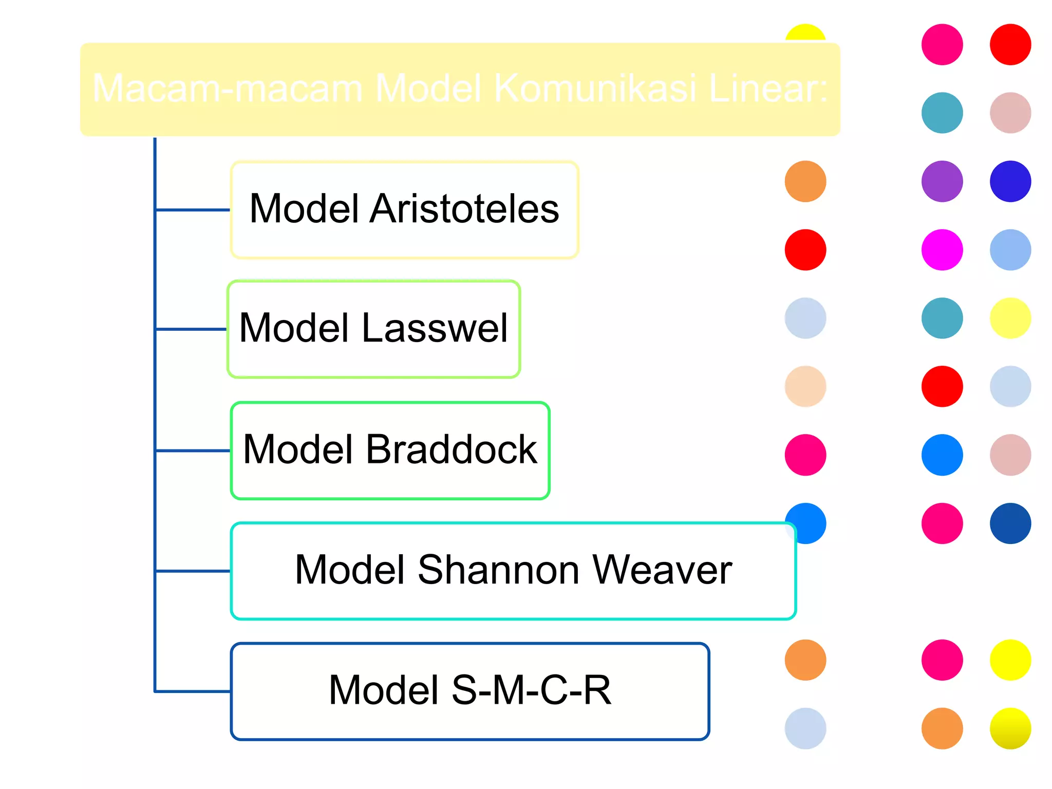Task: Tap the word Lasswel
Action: [435, 328]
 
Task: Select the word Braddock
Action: [450, 449]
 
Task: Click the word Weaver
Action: [662, 570]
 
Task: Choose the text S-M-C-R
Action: [532, 690]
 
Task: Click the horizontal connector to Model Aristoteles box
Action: [193, 210]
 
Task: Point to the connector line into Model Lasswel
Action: [191, 329]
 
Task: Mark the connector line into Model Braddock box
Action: [193, 450]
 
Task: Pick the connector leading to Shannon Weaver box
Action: [193, 571]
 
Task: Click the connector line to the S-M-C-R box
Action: [193, 691]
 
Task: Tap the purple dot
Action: [942, 181]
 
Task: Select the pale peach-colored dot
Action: [805, 386]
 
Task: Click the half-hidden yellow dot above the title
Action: [805, 33]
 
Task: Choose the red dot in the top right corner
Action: [1010, 45]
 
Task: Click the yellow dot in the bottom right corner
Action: [1010, 728]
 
